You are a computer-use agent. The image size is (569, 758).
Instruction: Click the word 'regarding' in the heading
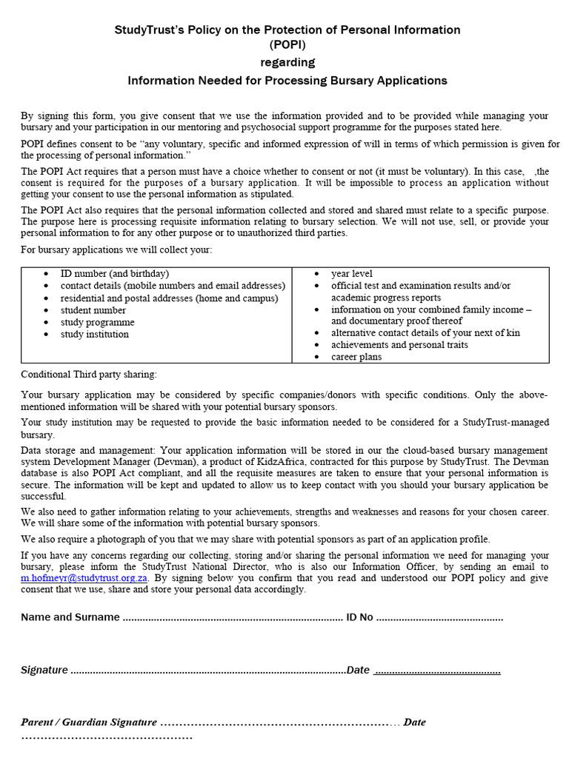click(x=287, y=62)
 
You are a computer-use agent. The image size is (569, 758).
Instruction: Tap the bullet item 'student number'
click(x=93, y=310)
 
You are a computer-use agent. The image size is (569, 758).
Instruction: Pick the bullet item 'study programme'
click(x=98, y=322)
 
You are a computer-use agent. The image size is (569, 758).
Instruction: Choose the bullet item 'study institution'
click(x=95, y=334)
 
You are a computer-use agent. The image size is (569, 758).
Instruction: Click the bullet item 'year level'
click(x=352, y=273)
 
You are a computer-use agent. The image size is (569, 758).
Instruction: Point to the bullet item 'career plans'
click(x=356, y=357)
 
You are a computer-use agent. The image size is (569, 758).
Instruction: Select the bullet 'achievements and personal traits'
click(x=399, y=345)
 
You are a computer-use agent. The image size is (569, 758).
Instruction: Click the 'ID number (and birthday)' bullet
click(x=115, y=273)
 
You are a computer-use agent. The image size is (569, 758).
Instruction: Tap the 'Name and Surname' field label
click(x=70, y=617)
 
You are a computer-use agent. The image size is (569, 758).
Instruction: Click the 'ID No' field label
click(x=359, y=617)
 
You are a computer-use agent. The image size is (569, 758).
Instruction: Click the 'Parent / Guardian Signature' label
click(x=89, y=722)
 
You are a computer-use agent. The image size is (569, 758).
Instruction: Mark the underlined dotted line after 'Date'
click(x=436, y=671)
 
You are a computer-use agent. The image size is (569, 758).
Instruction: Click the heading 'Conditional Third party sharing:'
click(x=89, y=375)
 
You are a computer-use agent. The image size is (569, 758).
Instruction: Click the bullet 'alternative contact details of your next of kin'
click(x=425, y=333)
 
